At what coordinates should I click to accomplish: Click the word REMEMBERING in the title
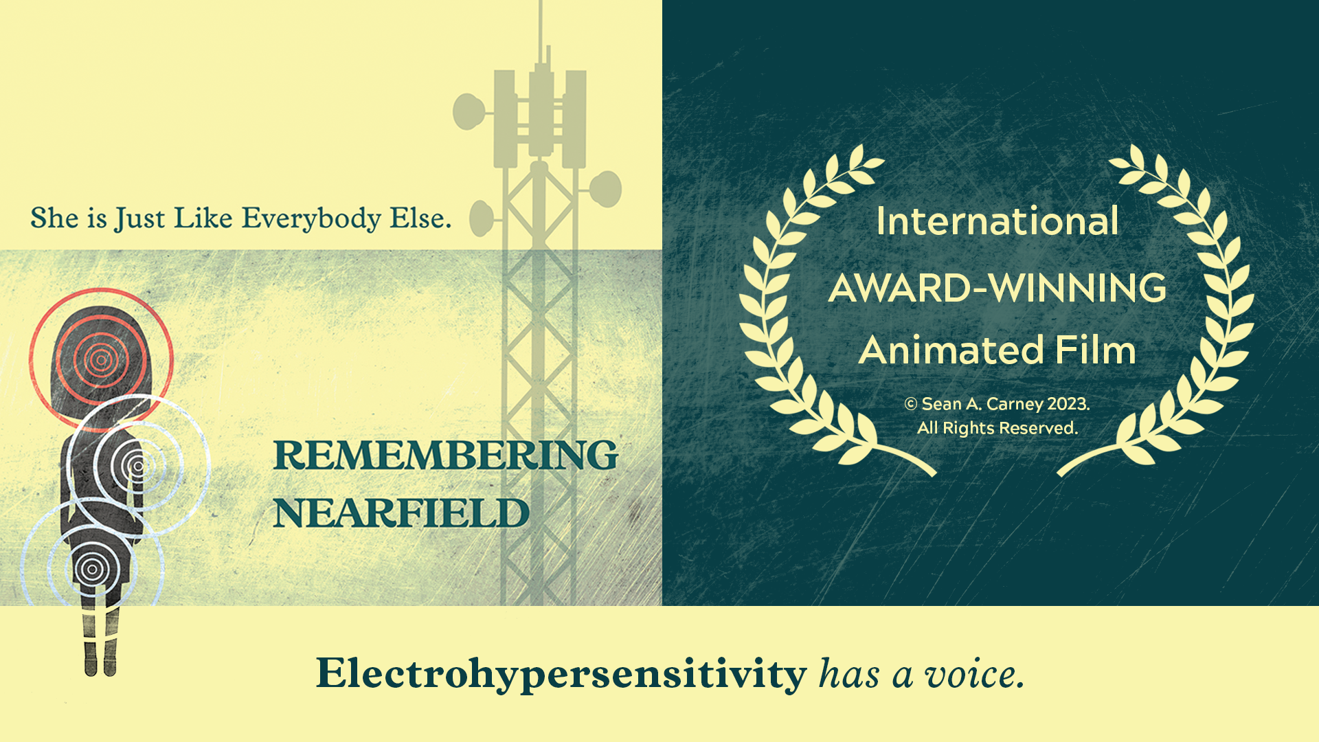pos(445,455)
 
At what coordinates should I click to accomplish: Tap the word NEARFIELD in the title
pos(401,513)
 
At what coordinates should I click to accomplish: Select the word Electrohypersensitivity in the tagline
pos(561,673)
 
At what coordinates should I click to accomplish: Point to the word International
pos(997,221)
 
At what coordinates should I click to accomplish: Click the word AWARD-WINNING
pos(997,288)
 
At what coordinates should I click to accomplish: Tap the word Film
pos(1095,350)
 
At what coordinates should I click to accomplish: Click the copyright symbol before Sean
pos(911,404)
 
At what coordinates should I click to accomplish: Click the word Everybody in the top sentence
pos(311,218)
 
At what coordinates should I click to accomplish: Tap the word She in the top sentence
pos(55,218)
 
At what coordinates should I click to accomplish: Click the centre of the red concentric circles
pos(101,359)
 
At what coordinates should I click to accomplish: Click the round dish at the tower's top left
pos(469,111)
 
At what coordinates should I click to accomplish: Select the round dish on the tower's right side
pos(606,189)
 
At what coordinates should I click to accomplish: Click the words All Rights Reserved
pos(997,428)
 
